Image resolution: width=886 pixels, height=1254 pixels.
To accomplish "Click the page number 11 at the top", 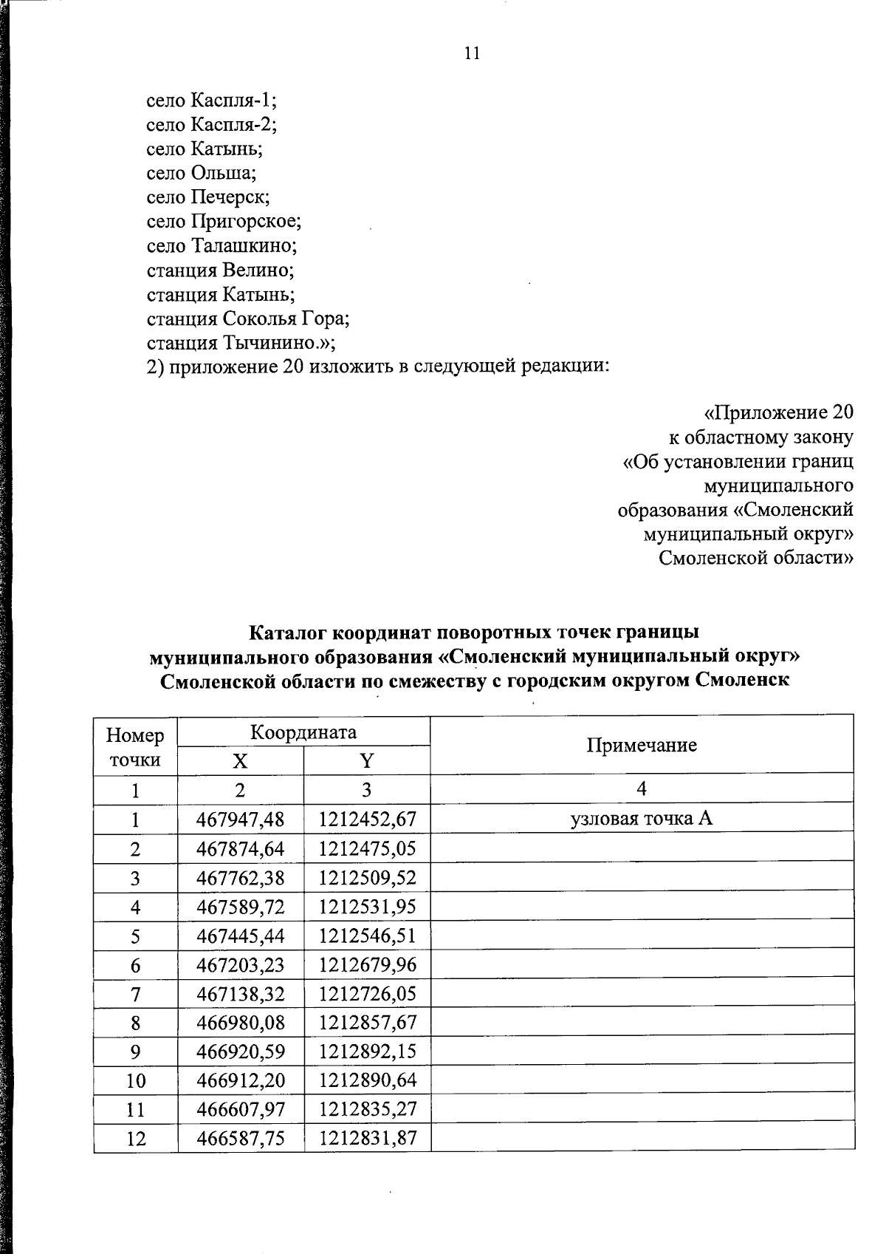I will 473,53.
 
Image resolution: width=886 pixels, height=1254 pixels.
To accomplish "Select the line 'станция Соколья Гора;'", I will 247,318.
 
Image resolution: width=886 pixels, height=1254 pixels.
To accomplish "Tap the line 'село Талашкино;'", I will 221,245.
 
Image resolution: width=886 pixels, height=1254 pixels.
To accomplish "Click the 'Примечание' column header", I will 641,745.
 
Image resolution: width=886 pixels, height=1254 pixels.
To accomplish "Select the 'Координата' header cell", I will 303,732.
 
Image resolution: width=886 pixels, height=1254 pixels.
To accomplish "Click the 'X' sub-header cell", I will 240,761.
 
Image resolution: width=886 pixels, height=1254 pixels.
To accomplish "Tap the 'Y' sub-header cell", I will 366,761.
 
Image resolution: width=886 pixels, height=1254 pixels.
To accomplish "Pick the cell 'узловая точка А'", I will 641,819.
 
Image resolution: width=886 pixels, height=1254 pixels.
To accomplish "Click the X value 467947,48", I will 240,819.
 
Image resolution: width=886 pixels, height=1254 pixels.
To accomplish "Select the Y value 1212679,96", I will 367,964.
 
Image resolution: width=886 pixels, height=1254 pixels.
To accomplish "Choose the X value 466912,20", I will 240,1081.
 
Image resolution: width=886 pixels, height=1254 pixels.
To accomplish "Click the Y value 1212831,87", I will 367,1139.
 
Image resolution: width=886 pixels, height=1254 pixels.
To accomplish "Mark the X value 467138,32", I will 240,994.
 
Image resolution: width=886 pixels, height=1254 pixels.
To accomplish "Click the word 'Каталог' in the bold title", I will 289,633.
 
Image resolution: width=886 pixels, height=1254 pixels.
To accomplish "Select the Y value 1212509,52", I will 367,878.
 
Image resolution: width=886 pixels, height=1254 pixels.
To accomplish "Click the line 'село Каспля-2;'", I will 211,124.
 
